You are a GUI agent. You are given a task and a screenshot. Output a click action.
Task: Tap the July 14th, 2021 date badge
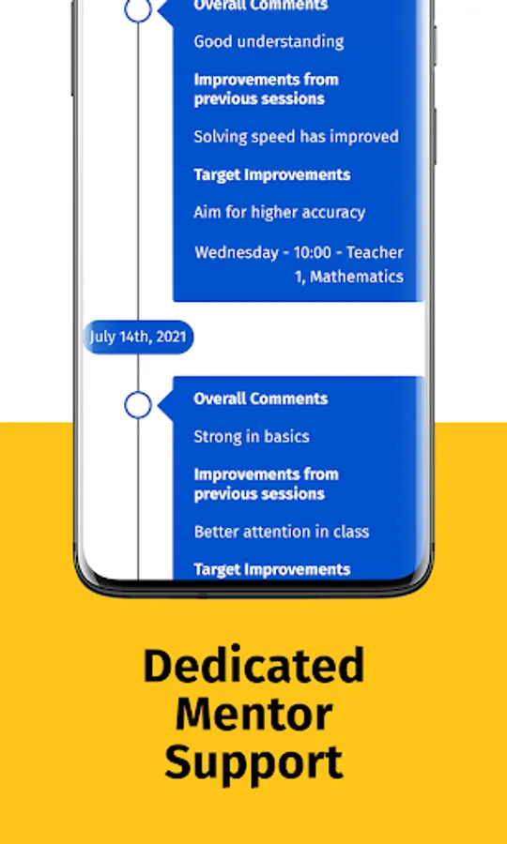point(138,337)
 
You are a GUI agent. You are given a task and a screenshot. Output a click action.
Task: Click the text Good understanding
point(269,41)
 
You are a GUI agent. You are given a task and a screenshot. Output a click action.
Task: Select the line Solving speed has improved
point(296,137)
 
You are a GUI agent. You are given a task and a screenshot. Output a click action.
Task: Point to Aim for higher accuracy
point(279,212)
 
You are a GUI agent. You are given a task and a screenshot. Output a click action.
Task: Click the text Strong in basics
point(251,436)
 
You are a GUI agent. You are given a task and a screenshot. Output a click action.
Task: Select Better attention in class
point(281,532)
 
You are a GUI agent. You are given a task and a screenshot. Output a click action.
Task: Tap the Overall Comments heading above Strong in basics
point(260,399)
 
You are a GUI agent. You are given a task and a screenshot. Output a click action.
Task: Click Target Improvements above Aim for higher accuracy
point(271,174)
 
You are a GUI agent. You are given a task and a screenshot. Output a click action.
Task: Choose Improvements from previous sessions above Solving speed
point(266,89)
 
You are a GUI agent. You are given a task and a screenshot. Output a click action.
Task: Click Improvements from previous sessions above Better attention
point(266,484)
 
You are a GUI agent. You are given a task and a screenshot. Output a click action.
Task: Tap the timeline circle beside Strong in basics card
point(138,405)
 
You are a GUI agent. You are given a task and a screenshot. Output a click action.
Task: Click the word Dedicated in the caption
point(253,667)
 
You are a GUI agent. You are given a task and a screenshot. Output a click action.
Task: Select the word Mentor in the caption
point(253,715)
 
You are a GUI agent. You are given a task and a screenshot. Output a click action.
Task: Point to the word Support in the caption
point(253,762)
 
